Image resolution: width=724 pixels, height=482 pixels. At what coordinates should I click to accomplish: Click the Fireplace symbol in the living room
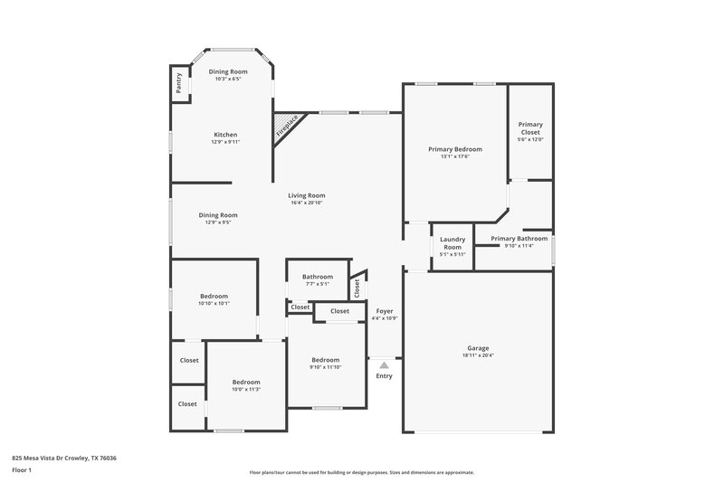click(288, 127)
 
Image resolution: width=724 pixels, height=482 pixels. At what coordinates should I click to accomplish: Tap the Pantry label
click(179, 83)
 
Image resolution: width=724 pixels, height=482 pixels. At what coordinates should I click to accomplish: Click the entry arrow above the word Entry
click(384, 364)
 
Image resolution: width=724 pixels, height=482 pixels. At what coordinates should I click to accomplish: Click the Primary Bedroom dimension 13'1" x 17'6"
click(455, 156)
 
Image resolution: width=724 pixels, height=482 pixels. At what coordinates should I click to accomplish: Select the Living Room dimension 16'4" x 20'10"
click(307, 203)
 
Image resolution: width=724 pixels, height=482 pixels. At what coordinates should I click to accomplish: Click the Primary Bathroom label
click(519, 239)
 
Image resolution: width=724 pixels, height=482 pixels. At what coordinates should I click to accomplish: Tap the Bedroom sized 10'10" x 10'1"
click(214, 297)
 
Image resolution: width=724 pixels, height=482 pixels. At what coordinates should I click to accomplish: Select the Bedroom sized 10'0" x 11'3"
click(245, 382)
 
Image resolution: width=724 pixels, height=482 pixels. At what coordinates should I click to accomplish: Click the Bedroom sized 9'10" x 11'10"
click(326, 359)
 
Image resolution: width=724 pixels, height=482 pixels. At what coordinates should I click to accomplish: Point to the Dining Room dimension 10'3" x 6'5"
click(228, 79)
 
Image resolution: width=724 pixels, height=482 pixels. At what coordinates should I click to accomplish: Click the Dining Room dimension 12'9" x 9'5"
click(218, 222)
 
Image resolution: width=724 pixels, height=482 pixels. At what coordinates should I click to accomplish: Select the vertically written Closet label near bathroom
click(357, 288)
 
